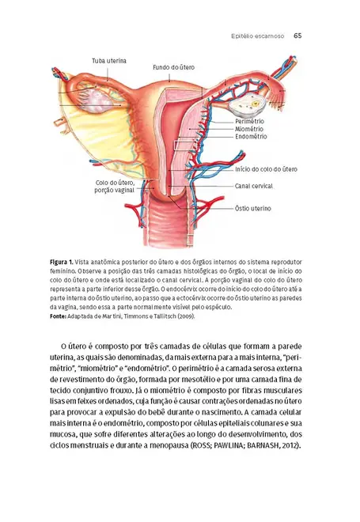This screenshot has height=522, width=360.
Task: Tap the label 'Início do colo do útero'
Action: point(266,169)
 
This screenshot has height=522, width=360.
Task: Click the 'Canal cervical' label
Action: point(254,186)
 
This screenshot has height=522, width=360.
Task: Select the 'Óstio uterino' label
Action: point(253,209)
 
